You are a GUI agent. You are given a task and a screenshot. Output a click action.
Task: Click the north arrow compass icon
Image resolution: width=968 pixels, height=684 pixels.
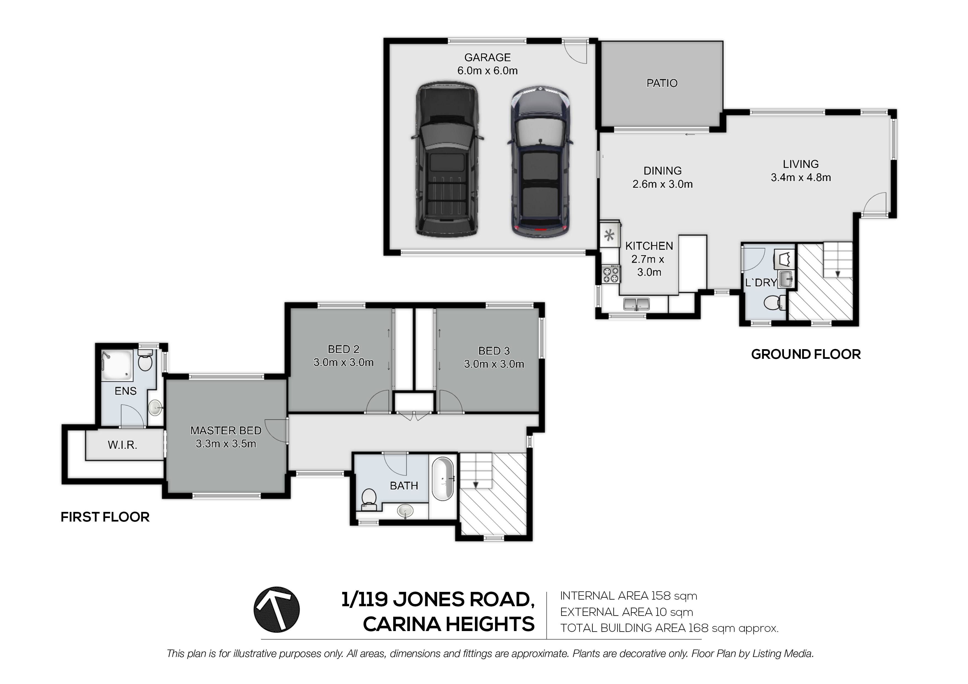[276, 610]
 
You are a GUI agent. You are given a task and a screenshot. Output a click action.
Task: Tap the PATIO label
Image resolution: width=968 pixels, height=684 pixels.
[662, 84]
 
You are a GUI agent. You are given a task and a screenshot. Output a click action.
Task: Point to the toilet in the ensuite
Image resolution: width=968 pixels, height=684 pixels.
[145, 360]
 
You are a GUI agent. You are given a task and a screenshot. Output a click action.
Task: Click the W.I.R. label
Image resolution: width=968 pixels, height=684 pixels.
[122, 445]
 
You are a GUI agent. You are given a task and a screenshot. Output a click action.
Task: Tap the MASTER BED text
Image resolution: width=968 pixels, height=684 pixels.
[226, 430]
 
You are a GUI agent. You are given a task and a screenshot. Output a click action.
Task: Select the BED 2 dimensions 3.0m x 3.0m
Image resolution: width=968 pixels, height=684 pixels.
[344, 362]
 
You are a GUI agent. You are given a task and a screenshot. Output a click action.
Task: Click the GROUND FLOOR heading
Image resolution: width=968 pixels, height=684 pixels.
[806, 354]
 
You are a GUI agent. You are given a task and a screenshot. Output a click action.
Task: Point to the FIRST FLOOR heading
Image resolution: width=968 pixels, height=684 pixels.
[105, 517]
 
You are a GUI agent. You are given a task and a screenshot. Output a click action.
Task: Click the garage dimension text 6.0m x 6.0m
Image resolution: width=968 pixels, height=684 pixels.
[487, 71]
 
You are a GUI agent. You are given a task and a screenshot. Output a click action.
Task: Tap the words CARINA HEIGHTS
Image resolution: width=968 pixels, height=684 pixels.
[449, 624]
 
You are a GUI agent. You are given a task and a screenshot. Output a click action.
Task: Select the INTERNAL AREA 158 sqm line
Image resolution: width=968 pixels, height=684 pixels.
[629, 596]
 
